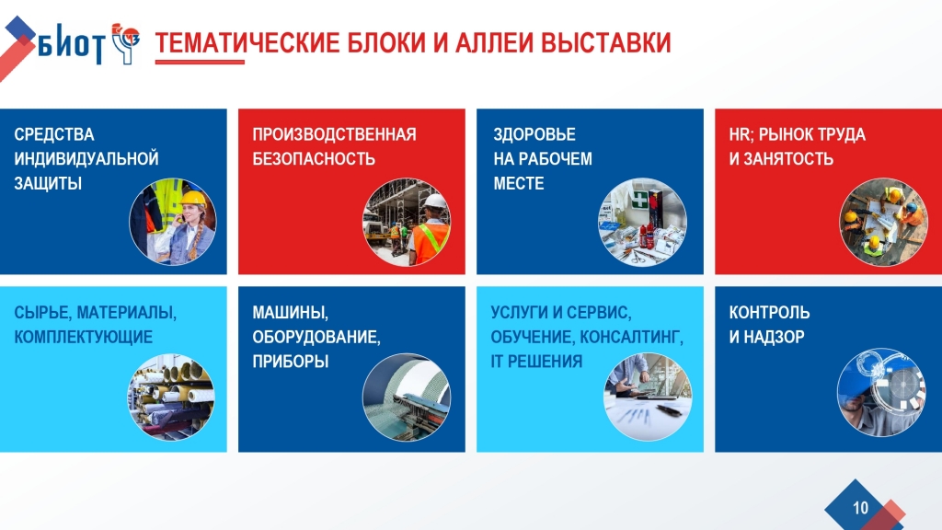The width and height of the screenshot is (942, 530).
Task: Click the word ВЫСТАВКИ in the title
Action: tap(605, 42)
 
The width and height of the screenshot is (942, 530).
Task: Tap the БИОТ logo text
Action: tap(71, 43)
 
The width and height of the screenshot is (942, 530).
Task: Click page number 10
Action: tap(860, 508)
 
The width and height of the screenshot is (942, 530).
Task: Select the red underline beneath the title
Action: tap(200, 62)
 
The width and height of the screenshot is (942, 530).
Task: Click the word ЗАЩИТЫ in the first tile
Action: tap(48, 183)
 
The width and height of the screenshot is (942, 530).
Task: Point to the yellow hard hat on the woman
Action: tap(193, 199)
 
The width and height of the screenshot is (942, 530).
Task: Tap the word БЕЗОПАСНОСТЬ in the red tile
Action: tap(314, 158)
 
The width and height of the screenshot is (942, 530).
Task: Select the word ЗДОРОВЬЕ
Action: tap(534, 134)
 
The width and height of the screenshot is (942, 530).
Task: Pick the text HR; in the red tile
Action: tap(741, 134)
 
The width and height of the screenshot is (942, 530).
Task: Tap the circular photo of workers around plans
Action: tap(882, 222)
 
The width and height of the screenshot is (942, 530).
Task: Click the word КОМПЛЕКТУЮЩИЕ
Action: tap(84, 337)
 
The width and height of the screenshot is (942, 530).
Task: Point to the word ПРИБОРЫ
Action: tap(290, 361)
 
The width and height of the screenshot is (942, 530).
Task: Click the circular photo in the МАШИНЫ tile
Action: tap(406, 397)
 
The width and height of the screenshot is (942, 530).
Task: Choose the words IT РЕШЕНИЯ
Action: tap(536, 361)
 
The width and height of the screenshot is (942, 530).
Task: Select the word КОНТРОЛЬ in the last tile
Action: tap(770, 313)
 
